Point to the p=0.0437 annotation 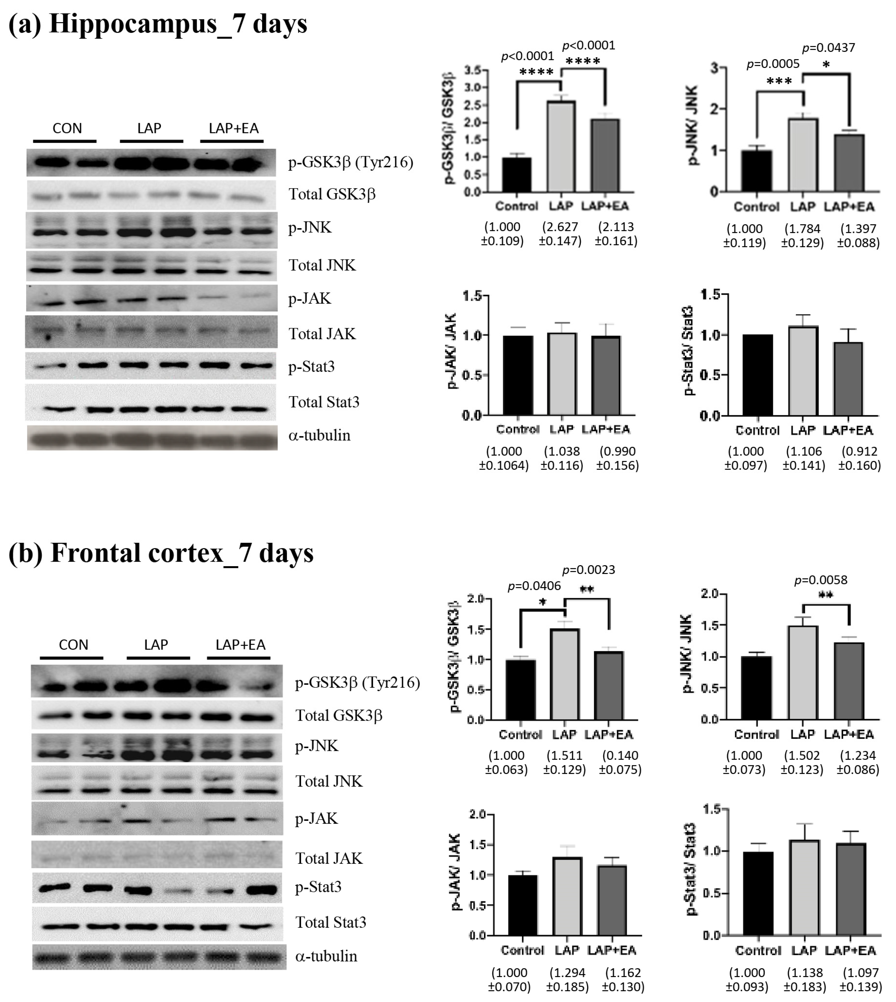829,48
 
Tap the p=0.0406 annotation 534,586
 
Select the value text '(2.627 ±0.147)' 560,234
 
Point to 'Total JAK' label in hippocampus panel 322,334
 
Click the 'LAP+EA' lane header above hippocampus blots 233,129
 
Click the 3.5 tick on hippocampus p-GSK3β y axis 473,70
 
